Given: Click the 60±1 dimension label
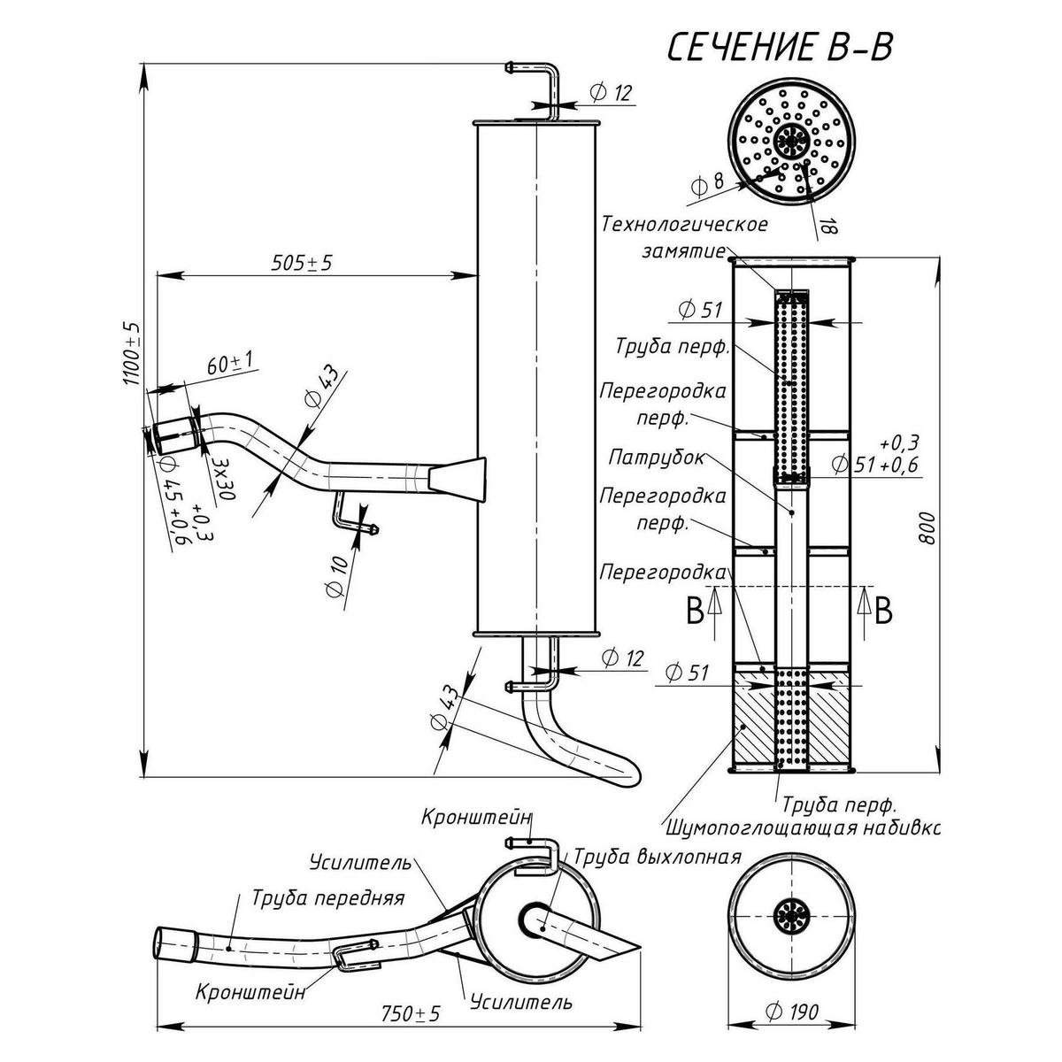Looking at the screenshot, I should point(229,363).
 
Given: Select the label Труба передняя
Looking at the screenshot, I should point(327,898).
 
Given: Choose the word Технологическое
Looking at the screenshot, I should point(684,224).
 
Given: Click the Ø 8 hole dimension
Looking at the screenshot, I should point(707,184).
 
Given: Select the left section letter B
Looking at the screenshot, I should point(696,611).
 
